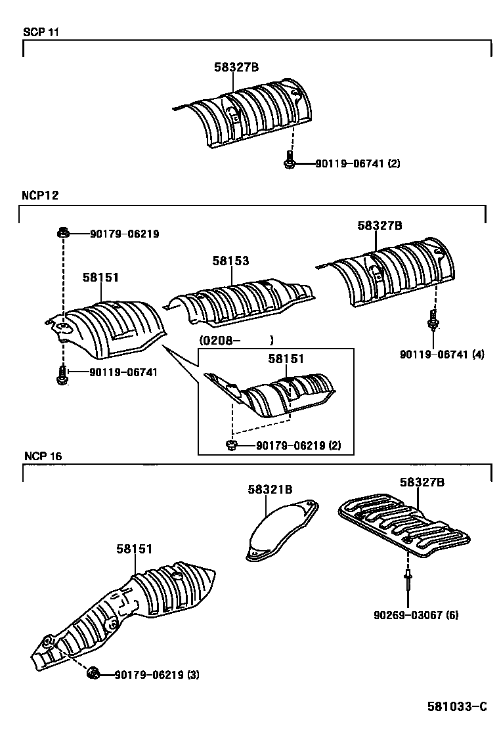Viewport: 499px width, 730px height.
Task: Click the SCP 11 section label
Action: pyautogui.click(x=41, y=32)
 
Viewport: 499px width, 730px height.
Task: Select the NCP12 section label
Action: pyautogui.click(x=41, y=196)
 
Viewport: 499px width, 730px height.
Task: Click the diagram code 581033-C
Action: pyautogui.click(x=457, y=706)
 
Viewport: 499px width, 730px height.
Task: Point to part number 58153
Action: pyautogui.click(x=230, y=261)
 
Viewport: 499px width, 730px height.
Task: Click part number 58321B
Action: pyautogui.click(x=270, y=489)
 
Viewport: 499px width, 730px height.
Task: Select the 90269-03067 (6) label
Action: pyautogui.click(x=416, y=615)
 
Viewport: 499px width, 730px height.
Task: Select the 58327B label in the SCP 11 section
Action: pyautogui.click(x=236, y=66)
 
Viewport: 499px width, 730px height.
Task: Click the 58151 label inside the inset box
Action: pyautogui.click(x=286, y=359)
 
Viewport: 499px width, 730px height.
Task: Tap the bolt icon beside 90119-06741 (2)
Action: pyautogui.click(x=288, y=160)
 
